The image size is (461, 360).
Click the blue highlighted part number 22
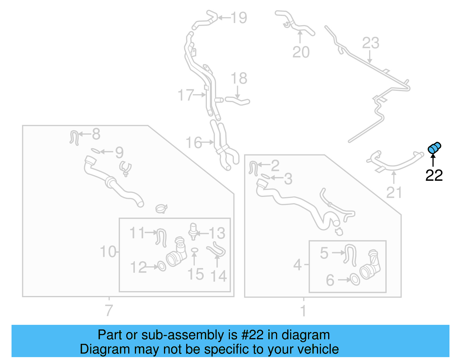(x=434, y=148)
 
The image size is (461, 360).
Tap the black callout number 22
(x=434, y=176)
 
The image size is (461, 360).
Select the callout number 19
(x=239, y=18)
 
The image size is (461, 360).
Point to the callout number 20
(x=301, y=52)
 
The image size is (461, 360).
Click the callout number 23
(x=371, y=43)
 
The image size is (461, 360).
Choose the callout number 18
(x=239, y=78)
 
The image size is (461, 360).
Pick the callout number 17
(x=185, y=95)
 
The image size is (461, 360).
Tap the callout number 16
(x=194, y=143)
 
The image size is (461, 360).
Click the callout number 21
(x=394, y=193)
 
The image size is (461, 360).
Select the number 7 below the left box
(x=109, y=310)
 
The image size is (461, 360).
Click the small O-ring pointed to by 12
(x=162, y=266)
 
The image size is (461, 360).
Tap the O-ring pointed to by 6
(x=355, y=280)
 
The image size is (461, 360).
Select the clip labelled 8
(x=74, y=137)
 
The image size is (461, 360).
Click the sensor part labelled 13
(x=193, y=231)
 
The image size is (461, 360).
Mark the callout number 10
(x=108, y=252)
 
